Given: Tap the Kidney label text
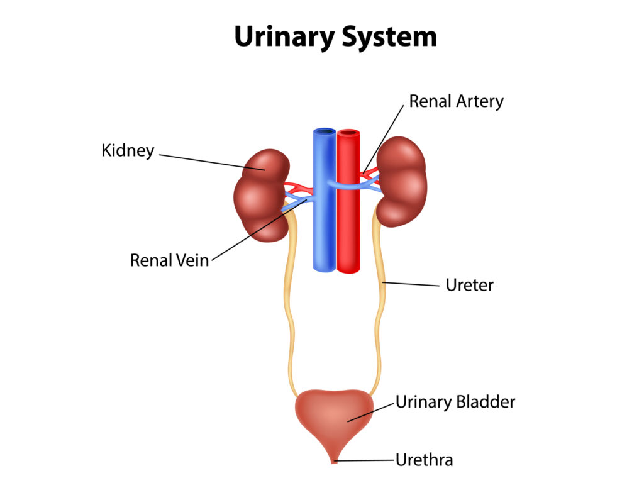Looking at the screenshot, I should [x=128, y=151].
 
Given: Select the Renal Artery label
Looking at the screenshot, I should [x=456, y=101].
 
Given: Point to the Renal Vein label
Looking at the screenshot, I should [x=169, y=260].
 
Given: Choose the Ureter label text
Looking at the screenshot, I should [x=469, y=285].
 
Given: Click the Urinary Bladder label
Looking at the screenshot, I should [x=455, y=402].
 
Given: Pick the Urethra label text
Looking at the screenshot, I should [x=423, y=460].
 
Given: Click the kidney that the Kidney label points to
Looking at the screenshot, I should [x=259, y=195].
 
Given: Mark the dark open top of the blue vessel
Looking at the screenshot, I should [x=325, y=132].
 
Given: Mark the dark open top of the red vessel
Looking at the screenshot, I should [x=348, y=133].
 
